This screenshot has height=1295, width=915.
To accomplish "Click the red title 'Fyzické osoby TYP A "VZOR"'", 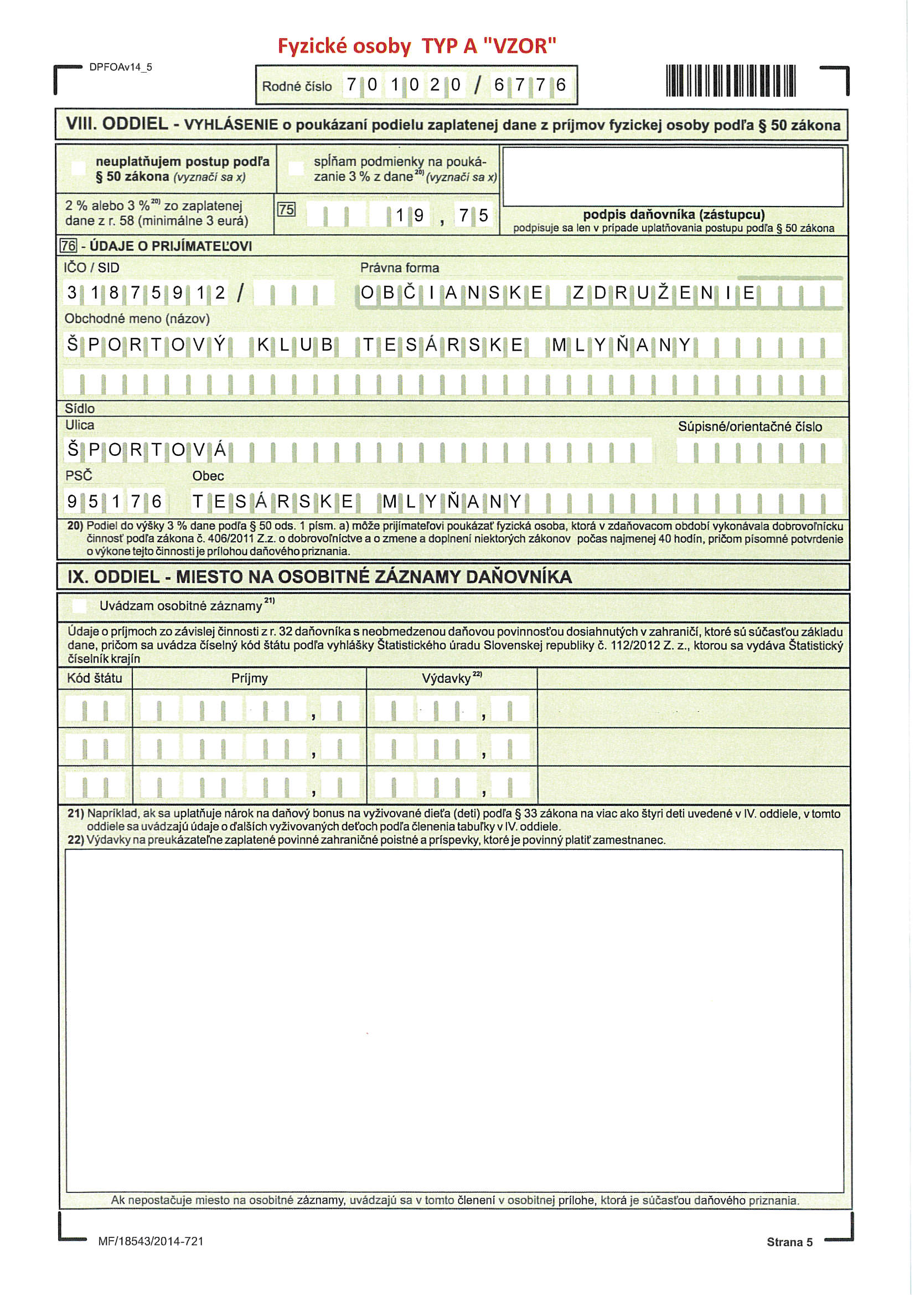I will pyautogui.click(x=417, y=45).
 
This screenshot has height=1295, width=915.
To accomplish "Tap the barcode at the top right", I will pyautogui.click(x=730, y=81).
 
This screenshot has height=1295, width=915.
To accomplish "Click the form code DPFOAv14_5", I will pyautogui.click(x=121, y=67).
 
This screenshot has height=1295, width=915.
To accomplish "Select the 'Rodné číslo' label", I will pyautogui.click(x=297, y=86).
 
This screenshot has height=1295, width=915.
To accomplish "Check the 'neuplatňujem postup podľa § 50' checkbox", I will pyautogui.click(x=79, y=168).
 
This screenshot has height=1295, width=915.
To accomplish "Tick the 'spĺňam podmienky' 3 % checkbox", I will pyautogui.click(x=296, y=168).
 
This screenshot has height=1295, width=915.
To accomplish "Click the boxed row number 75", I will pyautogui.click(x=286, y=210).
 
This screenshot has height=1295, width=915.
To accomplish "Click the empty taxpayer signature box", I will pyautogui.click(x=673, y=177).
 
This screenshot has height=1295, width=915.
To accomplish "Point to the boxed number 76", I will pyautogui.click(x=68, y=246).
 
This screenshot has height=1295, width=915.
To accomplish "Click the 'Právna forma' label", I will pyautogui.click(x=399, y=268).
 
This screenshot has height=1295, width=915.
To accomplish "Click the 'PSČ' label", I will pyautogui.click(x=79, y=475).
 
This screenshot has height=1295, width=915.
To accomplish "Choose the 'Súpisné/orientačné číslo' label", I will pyautogui.click(x=749, y=426).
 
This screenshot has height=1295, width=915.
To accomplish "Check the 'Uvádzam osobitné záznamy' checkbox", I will pyautogui.click(x=80, y=606).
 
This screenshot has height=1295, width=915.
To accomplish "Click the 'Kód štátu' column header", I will pyautogui.click(x=94, y=678).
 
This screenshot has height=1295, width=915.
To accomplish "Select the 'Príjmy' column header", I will pyautogui.click(x=249, y=678).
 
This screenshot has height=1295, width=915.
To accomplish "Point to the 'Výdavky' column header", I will pyautogui.click(x=447, y=679).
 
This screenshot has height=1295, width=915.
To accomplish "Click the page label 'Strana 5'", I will pyautogui.click(x=789, y=1242).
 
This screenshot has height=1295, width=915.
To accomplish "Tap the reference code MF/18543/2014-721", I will pyautogui.click(x=151, y=1241).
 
